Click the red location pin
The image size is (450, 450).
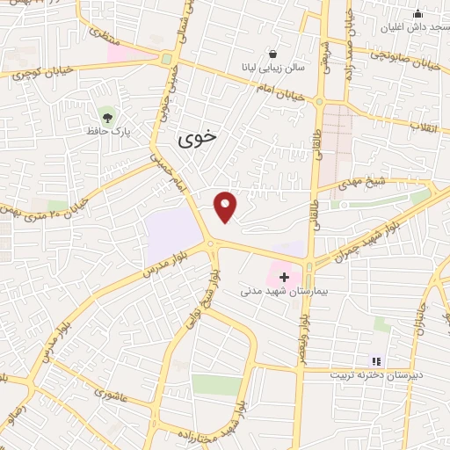pos(226,207)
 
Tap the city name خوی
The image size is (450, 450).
pos(196,138)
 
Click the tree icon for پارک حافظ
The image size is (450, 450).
pos(107,115)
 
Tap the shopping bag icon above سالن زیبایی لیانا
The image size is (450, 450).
pos(273,52)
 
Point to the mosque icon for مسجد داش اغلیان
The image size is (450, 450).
pos(417,13)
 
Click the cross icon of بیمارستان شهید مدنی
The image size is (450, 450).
pos(283,277)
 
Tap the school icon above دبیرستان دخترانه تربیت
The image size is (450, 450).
pos(376,360)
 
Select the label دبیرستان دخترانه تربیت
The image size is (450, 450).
pos(376,374)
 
